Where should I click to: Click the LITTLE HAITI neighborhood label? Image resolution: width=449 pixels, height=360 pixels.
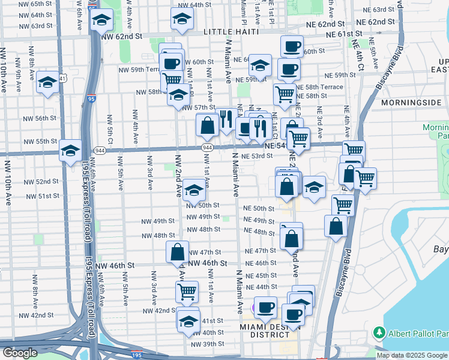(231, 31)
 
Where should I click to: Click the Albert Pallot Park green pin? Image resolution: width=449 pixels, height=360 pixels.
(379, 332)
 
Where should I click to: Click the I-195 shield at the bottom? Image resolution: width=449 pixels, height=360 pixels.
(137, 355)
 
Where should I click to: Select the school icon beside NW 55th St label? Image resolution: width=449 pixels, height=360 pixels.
(70, 150)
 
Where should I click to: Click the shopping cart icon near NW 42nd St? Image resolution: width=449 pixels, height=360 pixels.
(187, 292)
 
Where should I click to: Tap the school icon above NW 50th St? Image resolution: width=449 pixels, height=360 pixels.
(194, 190)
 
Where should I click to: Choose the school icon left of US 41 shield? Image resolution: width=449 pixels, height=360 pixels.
(47, 82)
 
